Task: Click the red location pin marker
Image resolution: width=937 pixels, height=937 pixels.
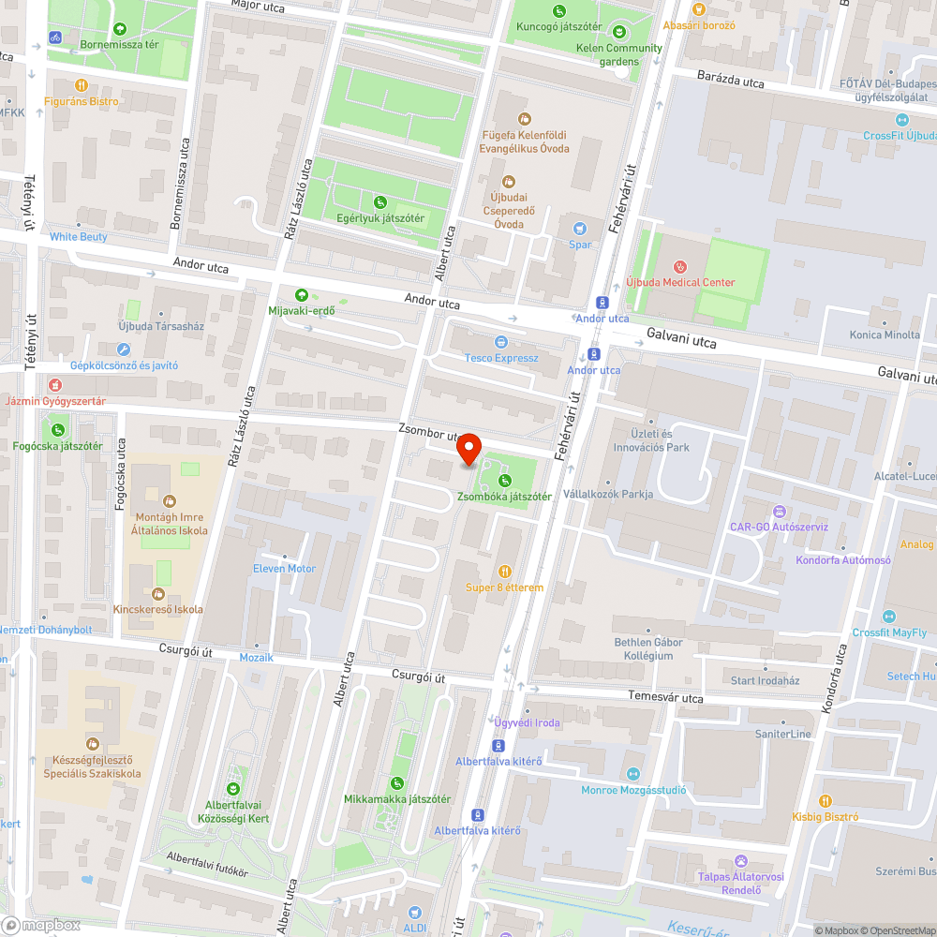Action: pyautogui.click(x=468, y=451)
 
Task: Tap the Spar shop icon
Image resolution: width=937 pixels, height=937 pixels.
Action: pyautogui.click(x=580, y=228)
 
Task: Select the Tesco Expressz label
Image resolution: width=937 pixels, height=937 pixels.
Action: pyautogui.click(x=501, y=358)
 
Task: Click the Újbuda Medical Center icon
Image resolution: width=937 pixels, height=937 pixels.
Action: pyautogui.click(x=680, y=266)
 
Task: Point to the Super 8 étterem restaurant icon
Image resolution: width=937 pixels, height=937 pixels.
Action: pyautogui.click(x=505, y=571)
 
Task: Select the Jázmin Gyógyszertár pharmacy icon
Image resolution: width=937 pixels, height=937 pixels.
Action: pyautogui.click(x=55, y=384)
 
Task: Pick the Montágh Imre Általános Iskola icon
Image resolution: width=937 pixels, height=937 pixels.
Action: pyautogui.click(x=169, y=500)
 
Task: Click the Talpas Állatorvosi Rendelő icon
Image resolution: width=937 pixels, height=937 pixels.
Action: pyautogui.click(x=741, y=860)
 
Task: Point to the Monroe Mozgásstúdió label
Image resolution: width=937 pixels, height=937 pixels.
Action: pyautogui.click(x=633, y=790)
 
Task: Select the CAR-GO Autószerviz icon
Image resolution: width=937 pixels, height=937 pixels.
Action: pyautogui.click(x=778, y=512)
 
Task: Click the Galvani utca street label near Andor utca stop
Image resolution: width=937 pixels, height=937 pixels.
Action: pyautogui.click(x=682, y=339)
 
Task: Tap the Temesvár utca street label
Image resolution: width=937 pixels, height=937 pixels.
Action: pyautogui.click(x=665, y=698)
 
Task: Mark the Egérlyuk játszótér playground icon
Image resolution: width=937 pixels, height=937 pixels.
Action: pyautogui.click(x=379, y=201)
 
